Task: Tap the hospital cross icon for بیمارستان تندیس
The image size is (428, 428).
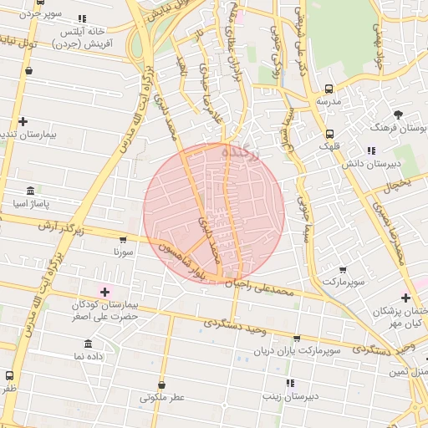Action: click(23, 121)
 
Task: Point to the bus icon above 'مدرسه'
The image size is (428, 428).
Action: click(328, 89)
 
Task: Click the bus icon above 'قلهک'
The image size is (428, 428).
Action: click(329, 133)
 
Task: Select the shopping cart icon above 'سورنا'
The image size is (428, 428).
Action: click(124, 240)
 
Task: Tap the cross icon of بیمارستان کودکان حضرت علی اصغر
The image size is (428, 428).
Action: click(104, 291)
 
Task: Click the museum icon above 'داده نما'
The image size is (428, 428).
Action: click(87, 344)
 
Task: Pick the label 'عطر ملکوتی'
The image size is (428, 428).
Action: click(161, 397)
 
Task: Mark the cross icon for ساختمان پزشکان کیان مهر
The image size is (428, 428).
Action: click(405, 298)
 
